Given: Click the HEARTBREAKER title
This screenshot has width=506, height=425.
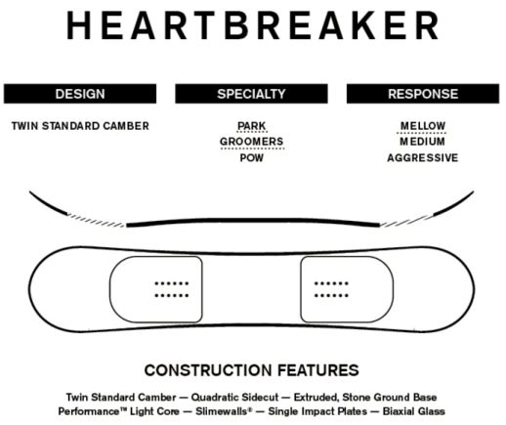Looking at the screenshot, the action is (x=253, y=25).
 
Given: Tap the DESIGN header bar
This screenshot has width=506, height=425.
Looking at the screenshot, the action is (x=80, y=94).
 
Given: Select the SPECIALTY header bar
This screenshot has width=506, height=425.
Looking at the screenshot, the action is (x=251, y=94).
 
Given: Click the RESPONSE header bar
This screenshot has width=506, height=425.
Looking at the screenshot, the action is (x=423, y=94).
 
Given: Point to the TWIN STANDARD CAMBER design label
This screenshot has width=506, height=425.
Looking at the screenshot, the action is (x=80, y=126).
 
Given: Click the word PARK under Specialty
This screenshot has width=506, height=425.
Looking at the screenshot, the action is (x=252, y=126).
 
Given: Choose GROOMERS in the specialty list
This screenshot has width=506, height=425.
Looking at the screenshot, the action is (x=252, y=142).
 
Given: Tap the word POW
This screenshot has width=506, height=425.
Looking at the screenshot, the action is (x=252, y=158).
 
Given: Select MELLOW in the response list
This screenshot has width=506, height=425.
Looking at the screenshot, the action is (x=423, y=126).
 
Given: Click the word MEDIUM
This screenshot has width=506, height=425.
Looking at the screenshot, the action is (x=423, y=142).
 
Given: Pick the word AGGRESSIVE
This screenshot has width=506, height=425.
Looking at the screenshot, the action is (x=423, y=158).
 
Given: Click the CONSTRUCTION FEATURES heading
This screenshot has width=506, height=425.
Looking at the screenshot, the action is (x=252, y=370).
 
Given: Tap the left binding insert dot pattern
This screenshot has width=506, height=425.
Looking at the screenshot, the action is (x=172, y=289).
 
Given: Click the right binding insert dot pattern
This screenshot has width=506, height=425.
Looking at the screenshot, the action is (x=331, y=289).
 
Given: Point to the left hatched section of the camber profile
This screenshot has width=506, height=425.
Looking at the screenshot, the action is (x=96, y=220).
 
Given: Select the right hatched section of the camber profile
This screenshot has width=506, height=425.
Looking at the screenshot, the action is (x=407, y=220).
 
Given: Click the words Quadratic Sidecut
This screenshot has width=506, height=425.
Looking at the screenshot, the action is (x=234, y=398).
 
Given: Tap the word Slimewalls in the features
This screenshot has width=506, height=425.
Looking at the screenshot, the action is (x=224, y=411).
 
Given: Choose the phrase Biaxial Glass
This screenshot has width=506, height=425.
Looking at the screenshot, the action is (x=413, y=411).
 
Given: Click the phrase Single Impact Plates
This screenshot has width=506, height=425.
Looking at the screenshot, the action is (x=317, y=411).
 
